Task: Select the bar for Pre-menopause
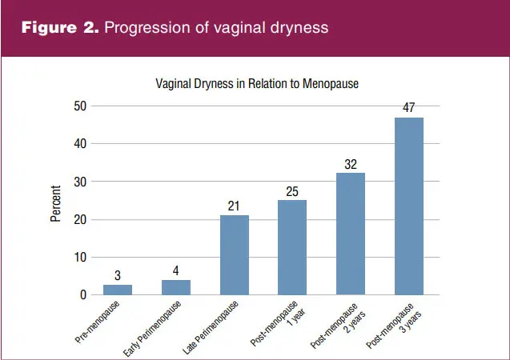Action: coord(118,290)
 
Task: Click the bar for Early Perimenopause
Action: coord(176,287)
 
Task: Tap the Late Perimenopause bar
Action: coord(235,255)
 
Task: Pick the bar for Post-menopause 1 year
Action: coord(292,247)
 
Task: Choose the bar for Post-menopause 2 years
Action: coord(351,234)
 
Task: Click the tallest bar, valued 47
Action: coord(409,206)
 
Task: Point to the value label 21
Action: coord(234,206)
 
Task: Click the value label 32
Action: coord(351,165)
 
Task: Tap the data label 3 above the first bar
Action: coord(118,275)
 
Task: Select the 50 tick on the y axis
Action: coord(80,106)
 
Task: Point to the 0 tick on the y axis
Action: coord(83,294)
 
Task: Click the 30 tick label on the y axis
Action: coord(80,182)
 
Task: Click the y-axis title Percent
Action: coord(55,203)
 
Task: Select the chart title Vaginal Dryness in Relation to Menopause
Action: coord(257,84)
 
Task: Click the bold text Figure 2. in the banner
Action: coord(60,27)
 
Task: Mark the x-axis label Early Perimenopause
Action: coord(152,329)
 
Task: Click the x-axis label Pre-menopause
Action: coord(97,322)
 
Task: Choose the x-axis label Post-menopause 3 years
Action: coord(394,326)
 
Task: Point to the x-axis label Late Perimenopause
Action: coord(211,327)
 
